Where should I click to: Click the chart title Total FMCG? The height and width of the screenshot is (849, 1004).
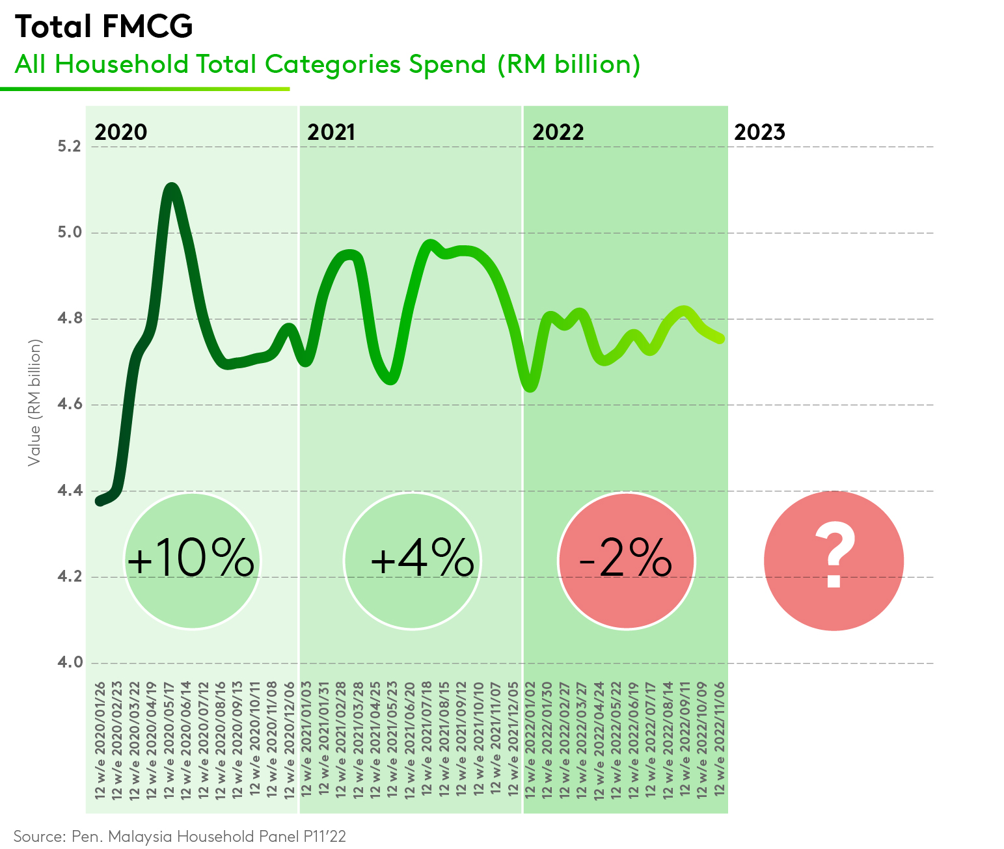click(x=104, y=27)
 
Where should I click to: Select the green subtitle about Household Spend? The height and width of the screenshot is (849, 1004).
click(x=327, y=64)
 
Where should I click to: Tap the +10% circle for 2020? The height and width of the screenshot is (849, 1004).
click(x=191, y=560)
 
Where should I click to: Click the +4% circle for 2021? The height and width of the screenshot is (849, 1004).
click(x=412, y=560)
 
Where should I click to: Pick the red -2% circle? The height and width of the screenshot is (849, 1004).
click(x=626, y=560)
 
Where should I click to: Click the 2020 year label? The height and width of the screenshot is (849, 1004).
click(x=121, y=132)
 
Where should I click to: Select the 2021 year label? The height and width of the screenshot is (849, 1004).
click(x=331, y=132)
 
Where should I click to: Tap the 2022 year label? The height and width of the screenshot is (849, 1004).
click(x=558, y=132)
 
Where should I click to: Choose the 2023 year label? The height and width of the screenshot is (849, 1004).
click(x=759, y=132)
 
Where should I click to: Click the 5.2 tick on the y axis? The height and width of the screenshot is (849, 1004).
click(x=69, y=146)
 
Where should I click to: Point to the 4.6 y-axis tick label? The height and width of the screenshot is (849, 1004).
click(x=69, y=404)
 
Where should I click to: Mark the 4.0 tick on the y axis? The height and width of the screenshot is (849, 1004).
click(x=69, y=662)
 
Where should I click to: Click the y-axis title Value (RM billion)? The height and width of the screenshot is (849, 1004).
click(x=34, y=402)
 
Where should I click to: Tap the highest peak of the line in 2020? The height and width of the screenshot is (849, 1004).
click(x=171, y=189)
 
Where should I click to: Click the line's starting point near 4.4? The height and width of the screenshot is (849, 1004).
click(x=100, y=501)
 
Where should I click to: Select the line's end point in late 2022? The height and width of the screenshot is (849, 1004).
click(x=720, y=338)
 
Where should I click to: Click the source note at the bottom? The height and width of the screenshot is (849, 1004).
click(x=180, y=836)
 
